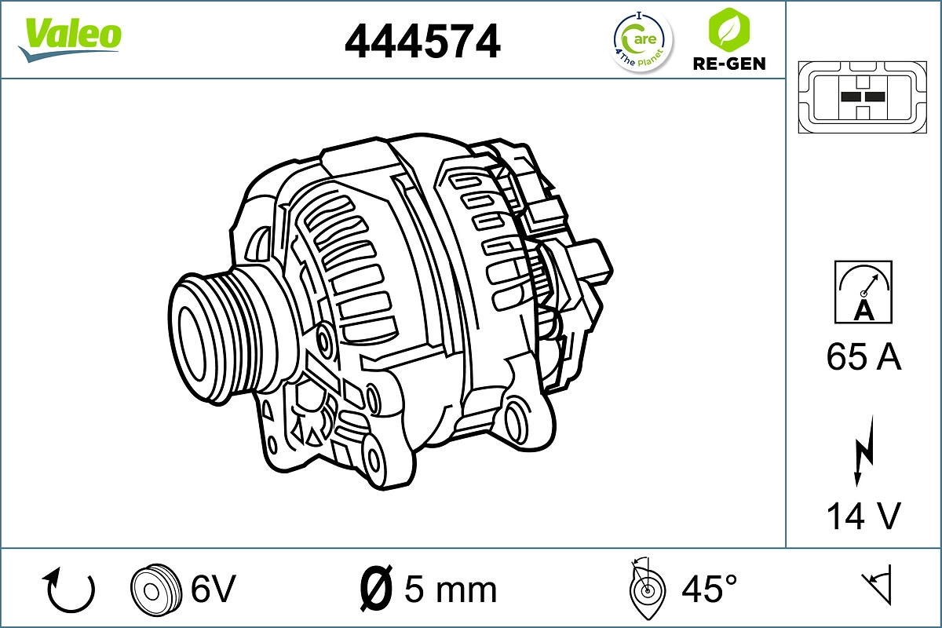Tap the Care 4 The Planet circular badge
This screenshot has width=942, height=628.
[x=642, y=41]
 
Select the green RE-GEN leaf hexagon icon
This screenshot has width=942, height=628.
[x=728, y=28]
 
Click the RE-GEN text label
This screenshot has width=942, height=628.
[x=728, y=64]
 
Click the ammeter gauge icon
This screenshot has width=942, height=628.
[x=863, y=291]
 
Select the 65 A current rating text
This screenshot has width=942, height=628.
[x=863, y=357]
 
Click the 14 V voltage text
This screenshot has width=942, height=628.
[x=863, y=516]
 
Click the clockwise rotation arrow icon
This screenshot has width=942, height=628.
[x=71, y=590]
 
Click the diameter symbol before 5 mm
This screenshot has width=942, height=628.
[x=376, y=588]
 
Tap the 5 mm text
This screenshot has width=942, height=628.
[x=450, y=589]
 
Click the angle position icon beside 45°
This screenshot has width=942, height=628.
[x=648, y=589]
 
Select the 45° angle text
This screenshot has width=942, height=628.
[x=709, y=589]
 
